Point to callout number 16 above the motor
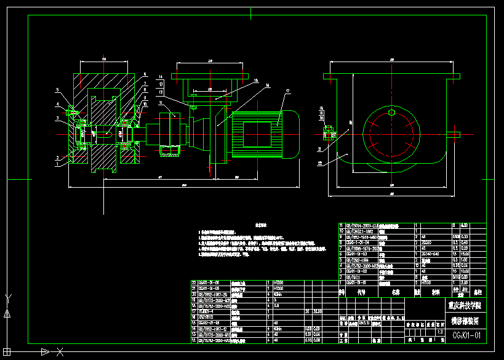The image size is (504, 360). coord(266,85)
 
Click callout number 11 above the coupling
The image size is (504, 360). coord(161,103)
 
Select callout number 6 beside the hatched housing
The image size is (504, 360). coord(145,74)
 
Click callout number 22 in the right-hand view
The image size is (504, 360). coord(320,162)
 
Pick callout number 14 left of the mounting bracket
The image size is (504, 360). coord(161,77)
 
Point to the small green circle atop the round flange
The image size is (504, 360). coord(391,112)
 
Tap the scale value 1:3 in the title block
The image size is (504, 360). coord(439,332)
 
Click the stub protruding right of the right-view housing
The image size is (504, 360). coord(454,134)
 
